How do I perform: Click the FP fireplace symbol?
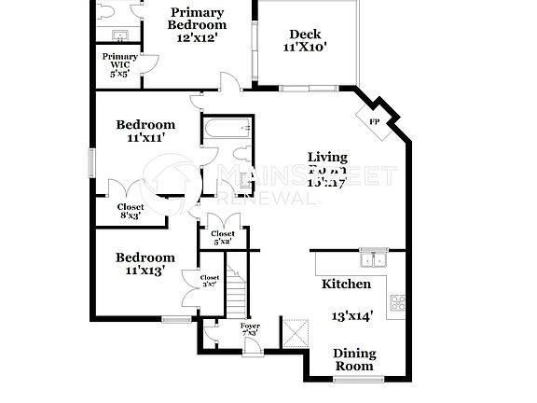pyautogui.click(x=375, y=122)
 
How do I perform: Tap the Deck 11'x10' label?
pyautogui.click(x=305, y=41)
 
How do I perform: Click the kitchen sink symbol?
pyautogui.click(x=375, y=258)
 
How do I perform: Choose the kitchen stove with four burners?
pyautogui.click(x=398, y=302)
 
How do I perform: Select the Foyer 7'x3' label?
pyautogui.click(x=250, y=329)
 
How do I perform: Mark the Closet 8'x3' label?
pyautogui.click(x=131, y=211)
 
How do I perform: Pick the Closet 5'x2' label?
pyautogui.click(x=222, y=237)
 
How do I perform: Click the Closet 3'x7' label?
pyautogui.click(x=210, y=281)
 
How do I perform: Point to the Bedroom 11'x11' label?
pyautogui.click(x=145, y=131)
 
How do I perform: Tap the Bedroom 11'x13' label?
pyautogui.click(x=145, y=263)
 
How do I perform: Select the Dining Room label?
pyautogui.click(x=355, y=359)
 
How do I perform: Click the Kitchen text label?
pyautogui.click(x=346, y=284)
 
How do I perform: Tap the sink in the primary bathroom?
pyautogui.click(x=119, y=35)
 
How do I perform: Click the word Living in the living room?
pyautogui.click(x=328, y=157)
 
